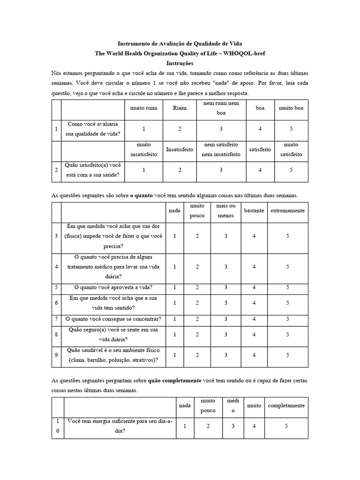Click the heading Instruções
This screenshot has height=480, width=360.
[x=180, y=63]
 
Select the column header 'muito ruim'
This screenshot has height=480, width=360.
[x=144, y=108]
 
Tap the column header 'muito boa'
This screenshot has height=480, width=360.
[x=291, y=108]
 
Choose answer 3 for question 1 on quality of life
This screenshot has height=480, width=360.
[x=221, y=128]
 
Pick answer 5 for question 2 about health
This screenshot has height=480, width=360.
[x=291, y=170]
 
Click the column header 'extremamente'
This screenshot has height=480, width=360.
[x=288, y=210]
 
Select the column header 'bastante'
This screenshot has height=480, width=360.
[x=254, y=210]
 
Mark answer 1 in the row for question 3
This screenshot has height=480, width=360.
[x=175, y=236]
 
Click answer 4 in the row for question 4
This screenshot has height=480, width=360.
[x=254, y=267]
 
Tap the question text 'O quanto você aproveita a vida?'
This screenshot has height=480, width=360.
[x=113, y=287]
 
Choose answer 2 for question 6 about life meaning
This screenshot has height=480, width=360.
[x=197, y=303]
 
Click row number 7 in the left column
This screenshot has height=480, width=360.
[x=56, y=319]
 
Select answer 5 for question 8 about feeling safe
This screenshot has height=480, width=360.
[x=288, y=335]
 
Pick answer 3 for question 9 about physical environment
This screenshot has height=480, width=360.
[x=225, y=355]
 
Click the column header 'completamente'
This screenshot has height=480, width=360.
[x=286, y=405]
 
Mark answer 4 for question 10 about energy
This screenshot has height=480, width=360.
[x=254, y=426]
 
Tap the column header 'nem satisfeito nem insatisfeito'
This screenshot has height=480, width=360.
[x=221, y=149]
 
